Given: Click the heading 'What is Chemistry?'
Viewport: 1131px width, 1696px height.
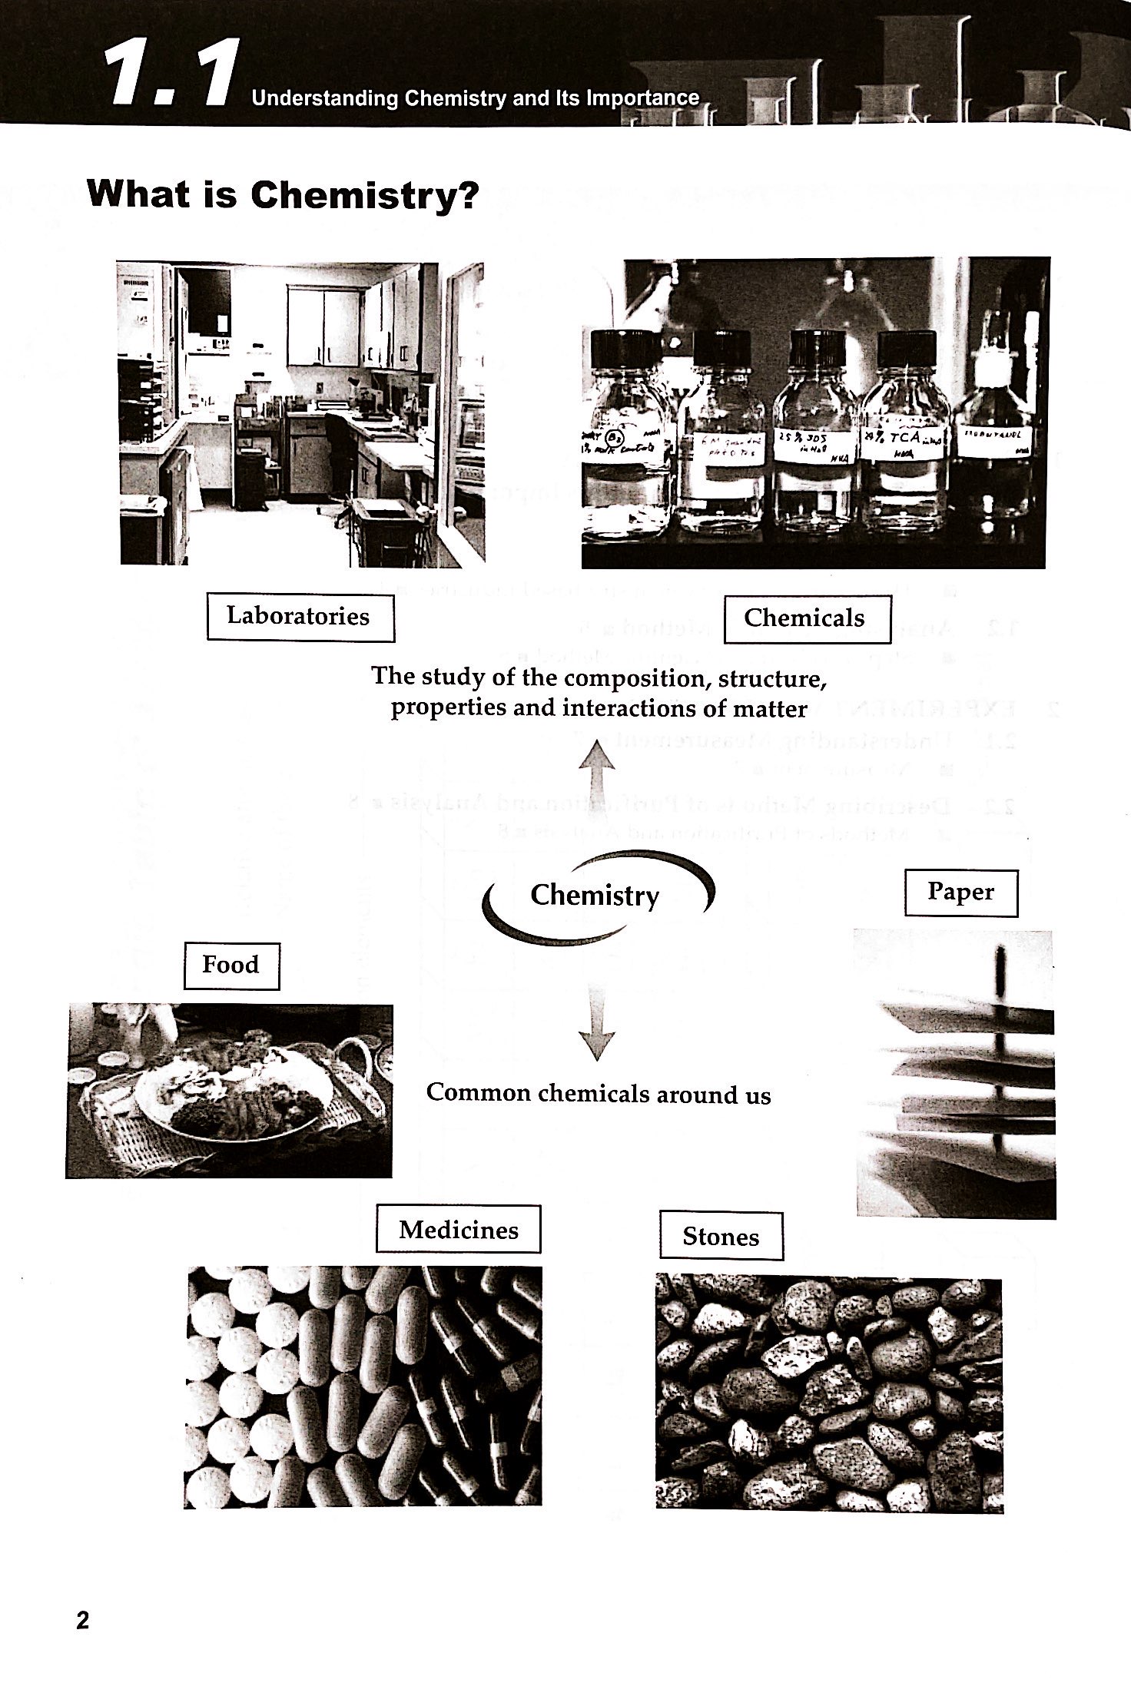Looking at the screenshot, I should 283,194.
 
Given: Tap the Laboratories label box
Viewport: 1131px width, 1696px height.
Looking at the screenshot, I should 299,617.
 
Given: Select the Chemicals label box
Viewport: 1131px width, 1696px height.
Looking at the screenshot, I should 804,618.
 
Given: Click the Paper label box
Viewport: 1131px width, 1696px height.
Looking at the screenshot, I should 960,892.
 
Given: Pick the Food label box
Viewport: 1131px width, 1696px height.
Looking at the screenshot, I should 231,966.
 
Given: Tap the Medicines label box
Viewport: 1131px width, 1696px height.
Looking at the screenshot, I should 458,1230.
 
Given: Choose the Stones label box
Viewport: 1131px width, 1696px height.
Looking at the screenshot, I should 721,1237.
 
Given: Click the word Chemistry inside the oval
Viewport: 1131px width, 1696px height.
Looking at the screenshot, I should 595,895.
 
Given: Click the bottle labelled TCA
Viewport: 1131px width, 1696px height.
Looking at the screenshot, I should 907,453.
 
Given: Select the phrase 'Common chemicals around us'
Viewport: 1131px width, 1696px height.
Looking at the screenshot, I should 598,1093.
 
